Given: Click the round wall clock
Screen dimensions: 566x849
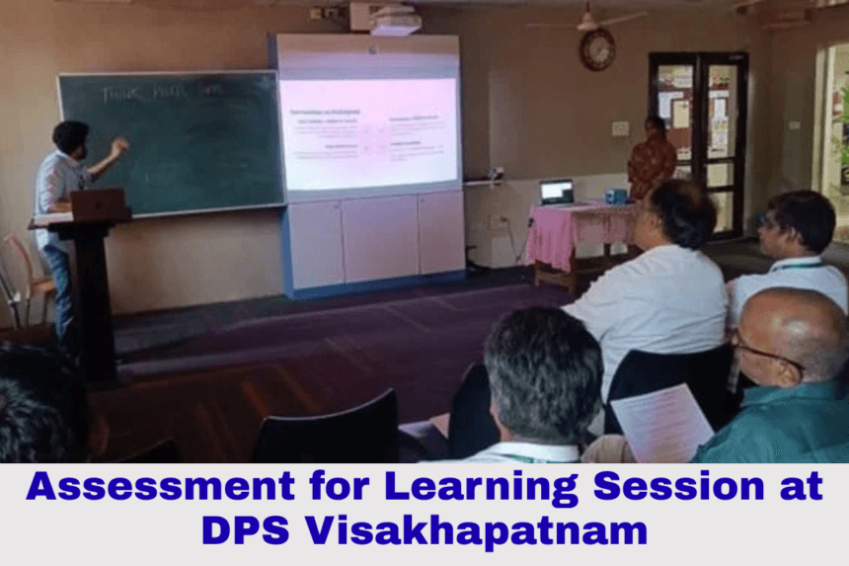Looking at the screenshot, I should pos(596,49).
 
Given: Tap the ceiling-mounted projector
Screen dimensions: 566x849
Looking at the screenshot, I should pos(394,20).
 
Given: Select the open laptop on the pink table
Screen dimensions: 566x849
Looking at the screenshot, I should pos(557,192).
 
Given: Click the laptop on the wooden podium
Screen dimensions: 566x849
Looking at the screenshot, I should pos(97,203).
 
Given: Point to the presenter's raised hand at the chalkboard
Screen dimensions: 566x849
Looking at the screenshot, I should pos(119,146).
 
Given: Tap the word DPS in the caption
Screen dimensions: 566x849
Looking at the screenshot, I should pos(247,531).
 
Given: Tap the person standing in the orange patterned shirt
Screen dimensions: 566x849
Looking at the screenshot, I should pos(653,158).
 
